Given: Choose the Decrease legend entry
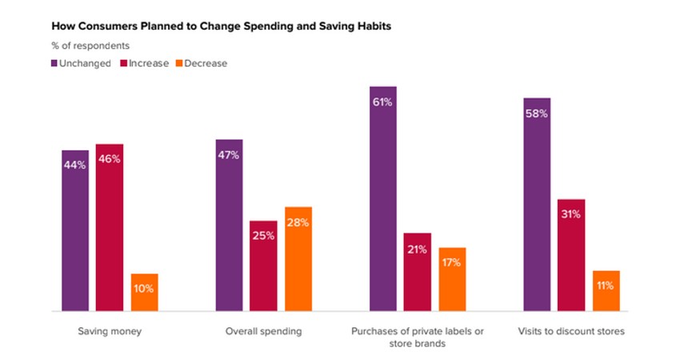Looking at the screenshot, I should (x=199, y=63).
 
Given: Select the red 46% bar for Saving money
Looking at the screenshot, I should (x=110, y=227).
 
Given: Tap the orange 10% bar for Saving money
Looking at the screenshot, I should (x=145, y=292).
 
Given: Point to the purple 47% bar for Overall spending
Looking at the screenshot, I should (x=229, y=225).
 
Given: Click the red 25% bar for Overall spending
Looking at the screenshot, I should (x=263, y=266).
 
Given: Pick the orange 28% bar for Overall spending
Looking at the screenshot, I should (x=298, y=258).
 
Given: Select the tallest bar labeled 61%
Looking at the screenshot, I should (x=382, y=198).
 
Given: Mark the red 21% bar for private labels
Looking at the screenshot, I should (x=418, y=272).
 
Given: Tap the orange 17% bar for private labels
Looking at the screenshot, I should (x=452, y=279).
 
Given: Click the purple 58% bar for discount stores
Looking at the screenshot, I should (x=537, y=204).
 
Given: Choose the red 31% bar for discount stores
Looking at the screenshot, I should (x=571, y=254).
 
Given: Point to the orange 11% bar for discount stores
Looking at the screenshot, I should (x=606, y=290).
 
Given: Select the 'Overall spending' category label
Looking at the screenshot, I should (x=263, y=331).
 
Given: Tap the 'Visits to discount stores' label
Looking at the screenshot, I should (x=571, y=331).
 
